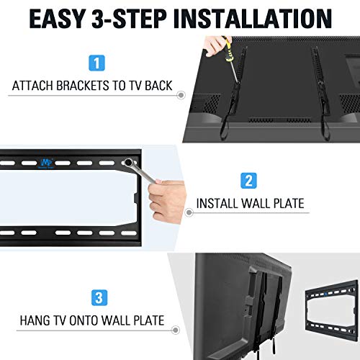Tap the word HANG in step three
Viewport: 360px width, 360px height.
coord(37,320)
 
